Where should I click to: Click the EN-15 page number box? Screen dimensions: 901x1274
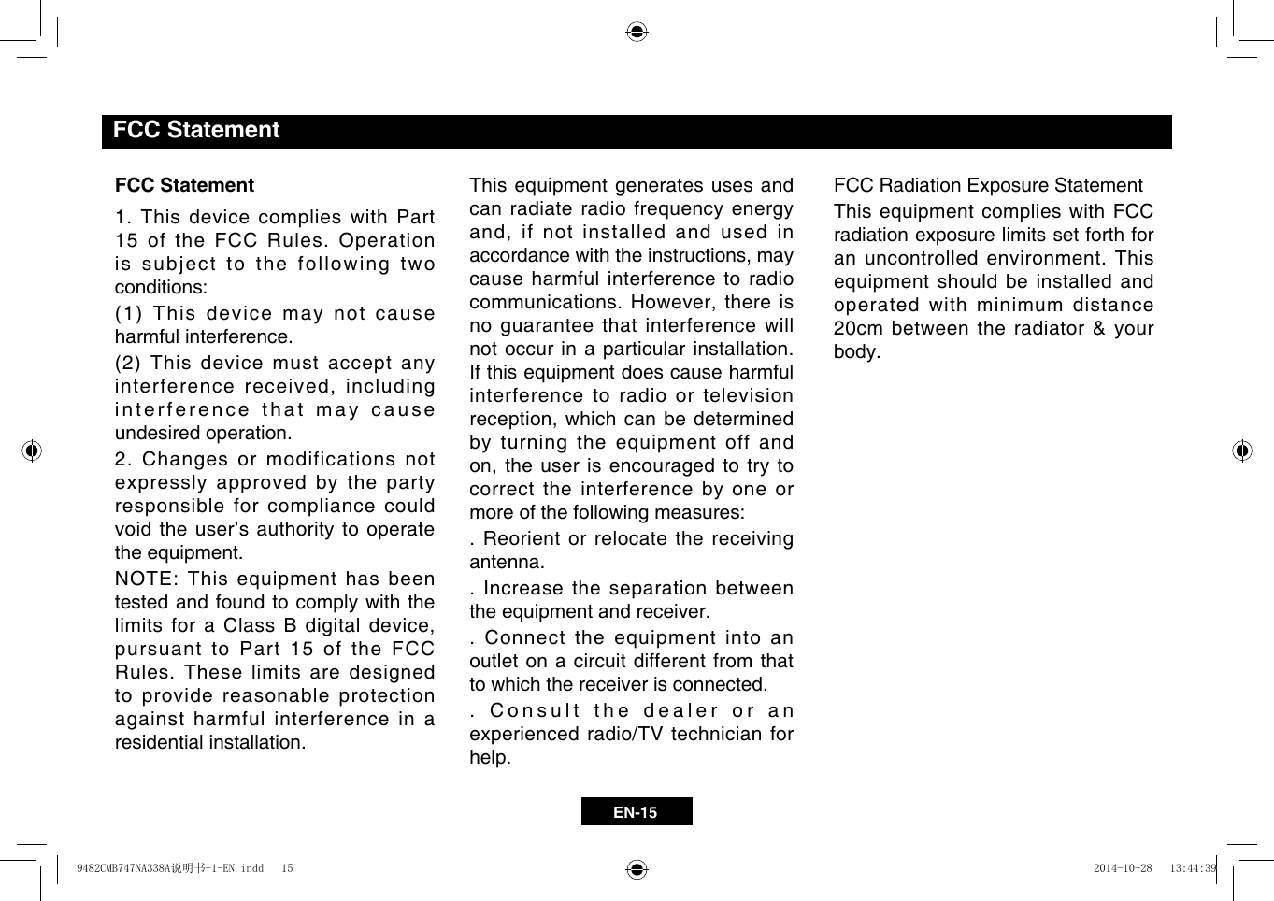[636, 811]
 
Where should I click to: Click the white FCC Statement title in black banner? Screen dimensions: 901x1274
[195, 130]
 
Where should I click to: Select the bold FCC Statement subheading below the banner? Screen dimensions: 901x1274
[184, 185]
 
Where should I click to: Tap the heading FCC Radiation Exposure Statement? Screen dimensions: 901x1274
[988, 185]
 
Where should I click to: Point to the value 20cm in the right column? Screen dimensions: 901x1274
[857, 328]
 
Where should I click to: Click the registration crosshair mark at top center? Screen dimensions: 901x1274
[637, 33]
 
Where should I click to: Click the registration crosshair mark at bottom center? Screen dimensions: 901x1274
[637, 869]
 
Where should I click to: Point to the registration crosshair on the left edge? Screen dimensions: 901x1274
[33, 450]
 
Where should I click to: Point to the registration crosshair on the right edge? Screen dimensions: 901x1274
[1241, 450]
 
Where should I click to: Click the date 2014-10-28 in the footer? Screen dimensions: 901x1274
[1123, 868]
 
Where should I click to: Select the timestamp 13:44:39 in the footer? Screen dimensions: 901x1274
[1193, 868]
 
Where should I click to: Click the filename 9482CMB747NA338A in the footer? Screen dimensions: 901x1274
[122, 868]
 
